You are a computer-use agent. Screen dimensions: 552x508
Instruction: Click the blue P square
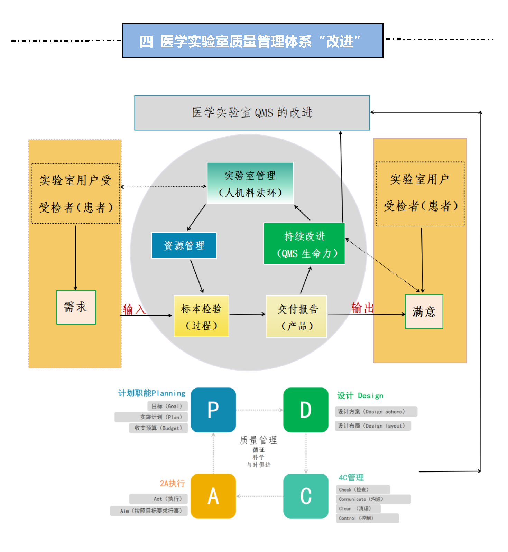(x=213, y=410)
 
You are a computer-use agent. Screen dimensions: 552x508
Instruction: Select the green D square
(x=306, y=410)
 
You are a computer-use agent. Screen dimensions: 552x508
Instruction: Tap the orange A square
(x=213, y=496)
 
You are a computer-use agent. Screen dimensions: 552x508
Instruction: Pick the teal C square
(x=306, y=496)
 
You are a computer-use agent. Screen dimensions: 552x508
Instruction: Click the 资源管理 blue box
(x=184, y=245)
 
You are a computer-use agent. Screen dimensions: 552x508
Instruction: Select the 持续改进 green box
(x=304, y=244)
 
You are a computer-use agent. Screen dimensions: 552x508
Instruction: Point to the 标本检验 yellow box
(x=201, y=316)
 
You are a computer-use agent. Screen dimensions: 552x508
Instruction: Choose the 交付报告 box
(x=296, y=316)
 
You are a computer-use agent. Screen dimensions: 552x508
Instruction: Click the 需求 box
(x=76, y=307)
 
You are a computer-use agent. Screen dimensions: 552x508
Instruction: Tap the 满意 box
(x=424, y=312)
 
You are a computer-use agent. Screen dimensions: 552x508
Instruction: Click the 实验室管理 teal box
(x=250, y=183)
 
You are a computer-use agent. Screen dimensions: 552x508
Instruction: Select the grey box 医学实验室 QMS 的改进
(x=252, y=113)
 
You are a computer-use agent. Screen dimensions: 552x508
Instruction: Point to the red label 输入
(x=134, y=309)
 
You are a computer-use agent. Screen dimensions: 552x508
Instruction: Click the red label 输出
(x=362, y=308)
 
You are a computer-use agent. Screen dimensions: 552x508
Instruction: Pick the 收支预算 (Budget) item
(x=158, y=428)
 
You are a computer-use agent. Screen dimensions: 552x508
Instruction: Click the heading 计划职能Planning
(x=152, y=393)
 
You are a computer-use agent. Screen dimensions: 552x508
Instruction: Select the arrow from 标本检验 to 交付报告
(x=247, y=314)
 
